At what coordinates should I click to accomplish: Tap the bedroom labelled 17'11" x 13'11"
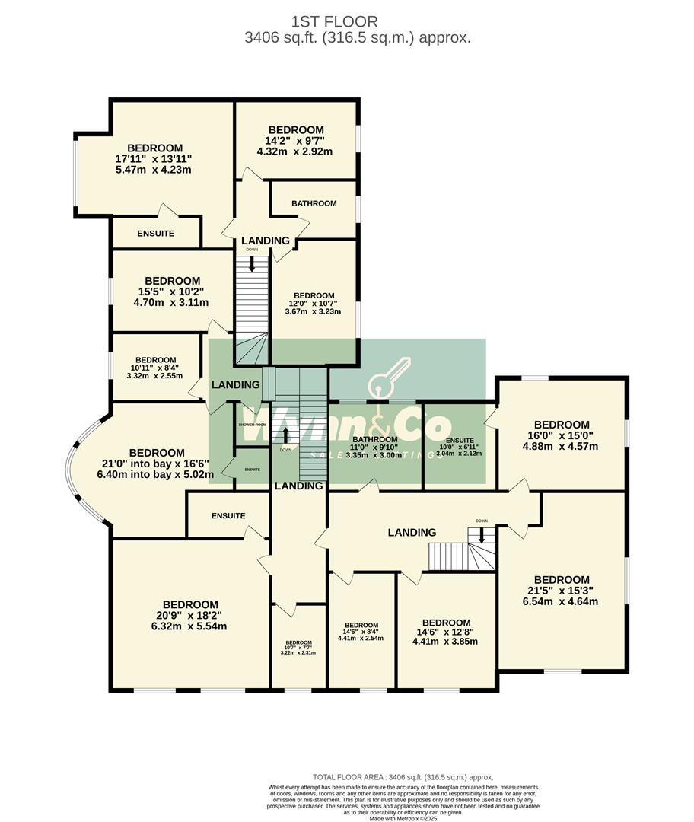tap(154, 158)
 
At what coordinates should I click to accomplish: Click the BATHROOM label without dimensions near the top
tap(314, 203)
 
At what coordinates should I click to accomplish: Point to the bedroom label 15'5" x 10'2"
tap(172, 292)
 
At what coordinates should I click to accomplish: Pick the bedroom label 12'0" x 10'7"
tap(314, 303)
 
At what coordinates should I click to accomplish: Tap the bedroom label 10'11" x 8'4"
tap(155, 368)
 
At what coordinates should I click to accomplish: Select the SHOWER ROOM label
tap(252, 424)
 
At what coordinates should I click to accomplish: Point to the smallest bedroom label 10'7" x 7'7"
tap(298, 647)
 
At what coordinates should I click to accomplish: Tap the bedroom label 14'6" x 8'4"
tap(361, 631)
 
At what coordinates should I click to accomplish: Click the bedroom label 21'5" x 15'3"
tap(562, 590)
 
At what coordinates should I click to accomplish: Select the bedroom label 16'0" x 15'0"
tap(562, 435)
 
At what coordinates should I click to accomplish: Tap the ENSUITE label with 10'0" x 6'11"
tap(459, 447)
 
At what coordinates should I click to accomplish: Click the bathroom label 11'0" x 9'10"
tap(374, 445)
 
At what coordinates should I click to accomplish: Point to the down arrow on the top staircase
tap(252, 264)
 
